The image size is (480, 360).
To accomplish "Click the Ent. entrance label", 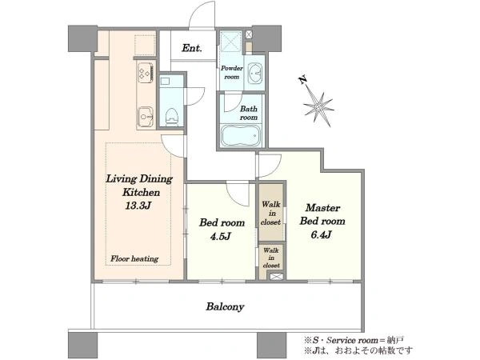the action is pos(192,48).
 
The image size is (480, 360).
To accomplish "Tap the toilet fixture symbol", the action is pos(172,116).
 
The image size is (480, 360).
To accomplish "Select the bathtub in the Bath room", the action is pos(241,136).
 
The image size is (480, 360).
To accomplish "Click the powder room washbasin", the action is pos(255,74).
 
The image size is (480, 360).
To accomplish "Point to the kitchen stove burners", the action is pos(146,73).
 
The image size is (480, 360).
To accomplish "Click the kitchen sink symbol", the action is pos(146,116).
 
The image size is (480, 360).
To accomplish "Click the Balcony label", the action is pos(225,306).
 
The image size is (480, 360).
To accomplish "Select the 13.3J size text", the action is pos(138,206).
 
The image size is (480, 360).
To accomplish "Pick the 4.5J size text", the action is pos(221,236).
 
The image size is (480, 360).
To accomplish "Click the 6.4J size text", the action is pos(321,234).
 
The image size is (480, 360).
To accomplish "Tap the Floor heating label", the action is pos(134,259).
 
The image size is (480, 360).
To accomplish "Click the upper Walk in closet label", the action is pos(271,213).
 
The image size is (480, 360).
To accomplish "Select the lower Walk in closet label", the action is pos(271,258).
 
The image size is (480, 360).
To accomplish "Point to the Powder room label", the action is pos(232,72).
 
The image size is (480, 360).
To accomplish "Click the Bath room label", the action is pos(249,113).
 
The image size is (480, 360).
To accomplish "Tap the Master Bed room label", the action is pos(322,214).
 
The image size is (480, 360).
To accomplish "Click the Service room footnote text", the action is pos(354,340).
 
